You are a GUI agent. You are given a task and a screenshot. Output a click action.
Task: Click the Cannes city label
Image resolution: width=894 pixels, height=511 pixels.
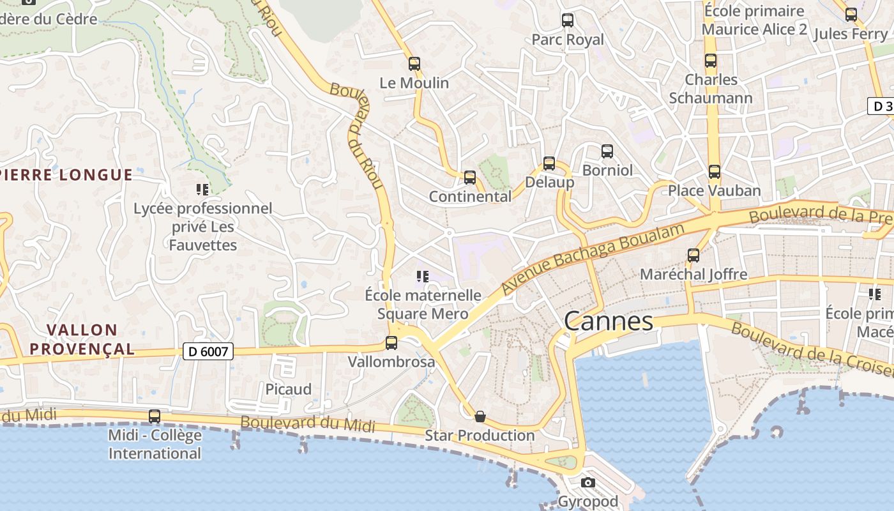(x=609, y=321)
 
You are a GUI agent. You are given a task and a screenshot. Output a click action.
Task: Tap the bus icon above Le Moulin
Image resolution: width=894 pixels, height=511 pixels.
(x=414, y=63)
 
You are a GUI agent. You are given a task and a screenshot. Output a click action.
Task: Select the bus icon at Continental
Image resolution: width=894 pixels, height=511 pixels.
(x=470, y=177)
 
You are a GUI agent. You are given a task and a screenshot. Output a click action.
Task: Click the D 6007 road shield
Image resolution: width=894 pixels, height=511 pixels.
(x=208, y=351)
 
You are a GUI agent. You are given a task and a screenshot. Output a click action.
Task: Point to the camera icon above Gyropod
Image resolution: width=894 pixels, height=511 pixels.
(x=588, y=482)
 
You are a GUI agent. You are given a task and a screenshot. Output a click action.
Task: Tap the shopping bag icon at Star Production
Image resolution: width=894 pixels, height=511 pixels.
(x=480, y=416)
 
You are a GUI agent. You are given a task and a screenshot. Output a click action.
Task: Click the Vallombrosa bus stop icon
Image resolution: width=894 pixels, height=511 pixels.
(x=391, y=343)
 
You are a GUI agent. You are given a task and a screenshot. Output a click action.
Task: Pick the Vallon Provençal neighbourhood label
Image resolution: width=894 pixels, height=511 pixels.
(x=82, y=339)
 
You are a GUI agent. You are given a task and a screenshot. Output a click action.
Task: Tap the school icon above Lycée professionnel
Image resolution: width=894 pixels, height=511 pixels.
(x=202, y=189)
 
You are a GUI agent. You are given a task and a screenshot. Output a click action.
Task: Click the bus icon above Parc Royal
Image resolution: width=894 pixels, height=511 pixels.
(x=568, y=20)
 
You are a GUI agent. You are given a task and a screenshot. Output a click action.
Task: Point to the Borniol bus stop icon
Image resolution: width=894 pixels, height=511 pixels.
(x=607, y=151)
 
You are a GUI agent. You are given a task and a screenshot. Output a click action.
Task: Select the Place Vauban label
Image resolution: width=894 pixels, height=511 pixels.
(x=715, y=190)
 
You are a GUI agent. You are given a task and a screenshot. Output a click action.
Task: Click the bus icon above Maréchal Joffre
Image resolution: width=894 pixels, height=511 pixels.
(x=693, y=256)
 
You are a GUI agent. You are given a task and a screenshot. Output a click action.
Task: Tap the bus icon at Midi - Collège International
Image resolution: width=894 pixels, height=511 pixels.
(x=155, y=416)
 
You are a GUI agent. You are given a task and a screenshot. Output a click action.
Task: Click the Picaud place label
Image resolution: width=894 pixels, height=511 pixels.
(x=289, y=389)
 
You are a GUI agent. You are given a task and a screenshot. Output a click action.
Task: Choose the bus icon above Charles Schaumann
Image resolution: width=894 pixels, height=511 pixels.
(x=711, y=61)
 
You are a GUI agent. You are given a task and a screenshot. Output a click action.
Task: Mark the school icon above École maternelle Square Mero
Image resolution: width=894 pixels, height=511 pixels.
(x=422, y=277)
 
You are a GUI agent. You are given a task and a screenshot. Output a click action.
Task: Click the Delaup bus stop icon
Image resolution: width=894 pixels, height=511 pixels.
(x=549, y=164)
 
